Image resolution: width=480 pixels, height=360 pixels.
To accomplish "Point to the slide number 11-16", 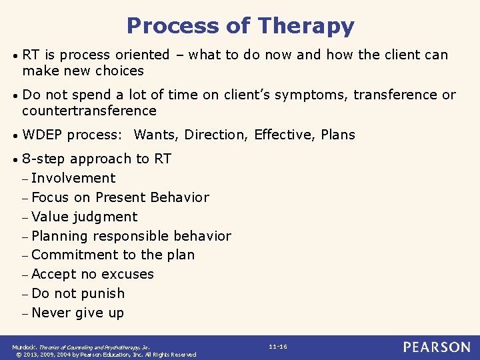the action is click(x=278, y=347).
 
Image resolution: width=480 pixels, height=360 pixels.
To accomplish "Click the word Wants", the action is click(x=156, y=135).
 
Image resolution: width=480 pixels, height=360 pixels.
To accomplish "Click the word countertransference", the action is click(x=89, y=111).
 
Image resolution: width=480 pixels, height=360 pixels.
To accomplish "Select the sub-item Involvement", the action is click(x=73, y=178).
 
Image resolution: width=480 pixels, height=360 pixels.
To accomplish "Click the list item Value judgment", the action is click(x=84, y=217).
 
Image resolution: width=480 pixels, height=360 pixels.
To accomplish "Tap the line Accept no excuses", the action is click(x=92, y=274).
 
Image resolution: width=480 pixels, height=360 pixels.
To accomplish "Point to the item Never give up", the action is click(x=77, y=313).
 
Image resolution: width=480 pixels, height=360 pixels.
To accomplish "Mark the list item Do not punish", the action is click(x=77, y=293).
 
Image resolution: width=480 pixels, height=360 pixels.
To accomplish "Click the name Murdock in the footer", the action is click(x=24, y=347).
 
